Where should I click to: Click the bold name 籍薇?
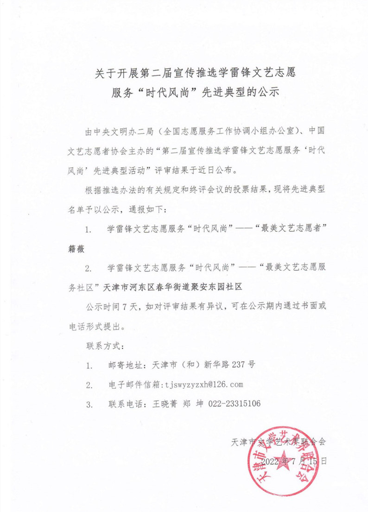(x=77, y=249)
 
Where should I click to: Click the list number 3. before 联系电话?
(x=89, y=404)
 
